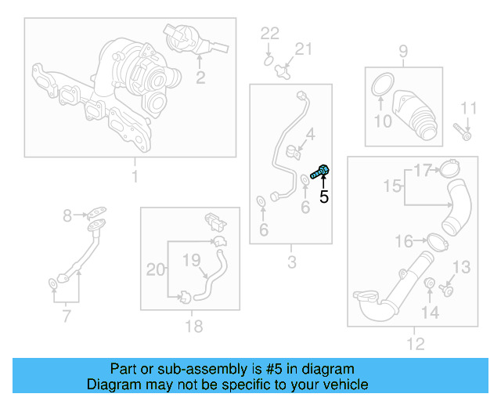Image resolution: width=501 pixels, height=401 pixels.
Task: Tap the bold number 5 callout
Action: pos(323,197)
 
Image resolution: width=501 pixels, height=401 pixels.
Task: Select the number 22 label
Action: pos(269,33)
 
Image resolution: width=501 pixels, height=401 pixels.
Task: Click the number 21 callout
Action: pos(302,50)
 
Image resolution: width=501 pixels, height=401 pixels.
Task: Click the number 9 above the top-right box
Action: pos(403,52)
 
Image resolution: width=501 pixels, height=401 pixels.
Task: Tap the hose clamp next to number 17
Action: pos(449,168)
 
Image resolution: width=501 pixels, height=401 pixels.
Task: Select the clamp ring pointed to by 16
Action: pos(438,240)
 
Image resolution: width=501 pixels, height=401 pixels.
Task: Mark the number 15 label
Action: pos(391,186)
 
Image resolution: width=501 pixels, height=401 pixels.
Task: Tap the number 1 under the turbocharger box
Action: pos(134,175)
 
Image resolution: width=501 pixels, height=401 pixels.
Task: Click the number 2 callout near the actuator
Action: pos(200,77)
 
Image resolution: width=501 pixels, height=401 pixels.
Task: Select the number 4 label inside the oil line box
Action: pos(310,134)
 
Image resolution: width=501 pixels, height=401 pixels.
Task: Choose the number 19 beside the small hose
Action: pos(192,259)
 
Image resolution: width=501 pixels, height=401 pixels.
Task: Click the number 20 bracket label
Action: pos(157,270)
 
